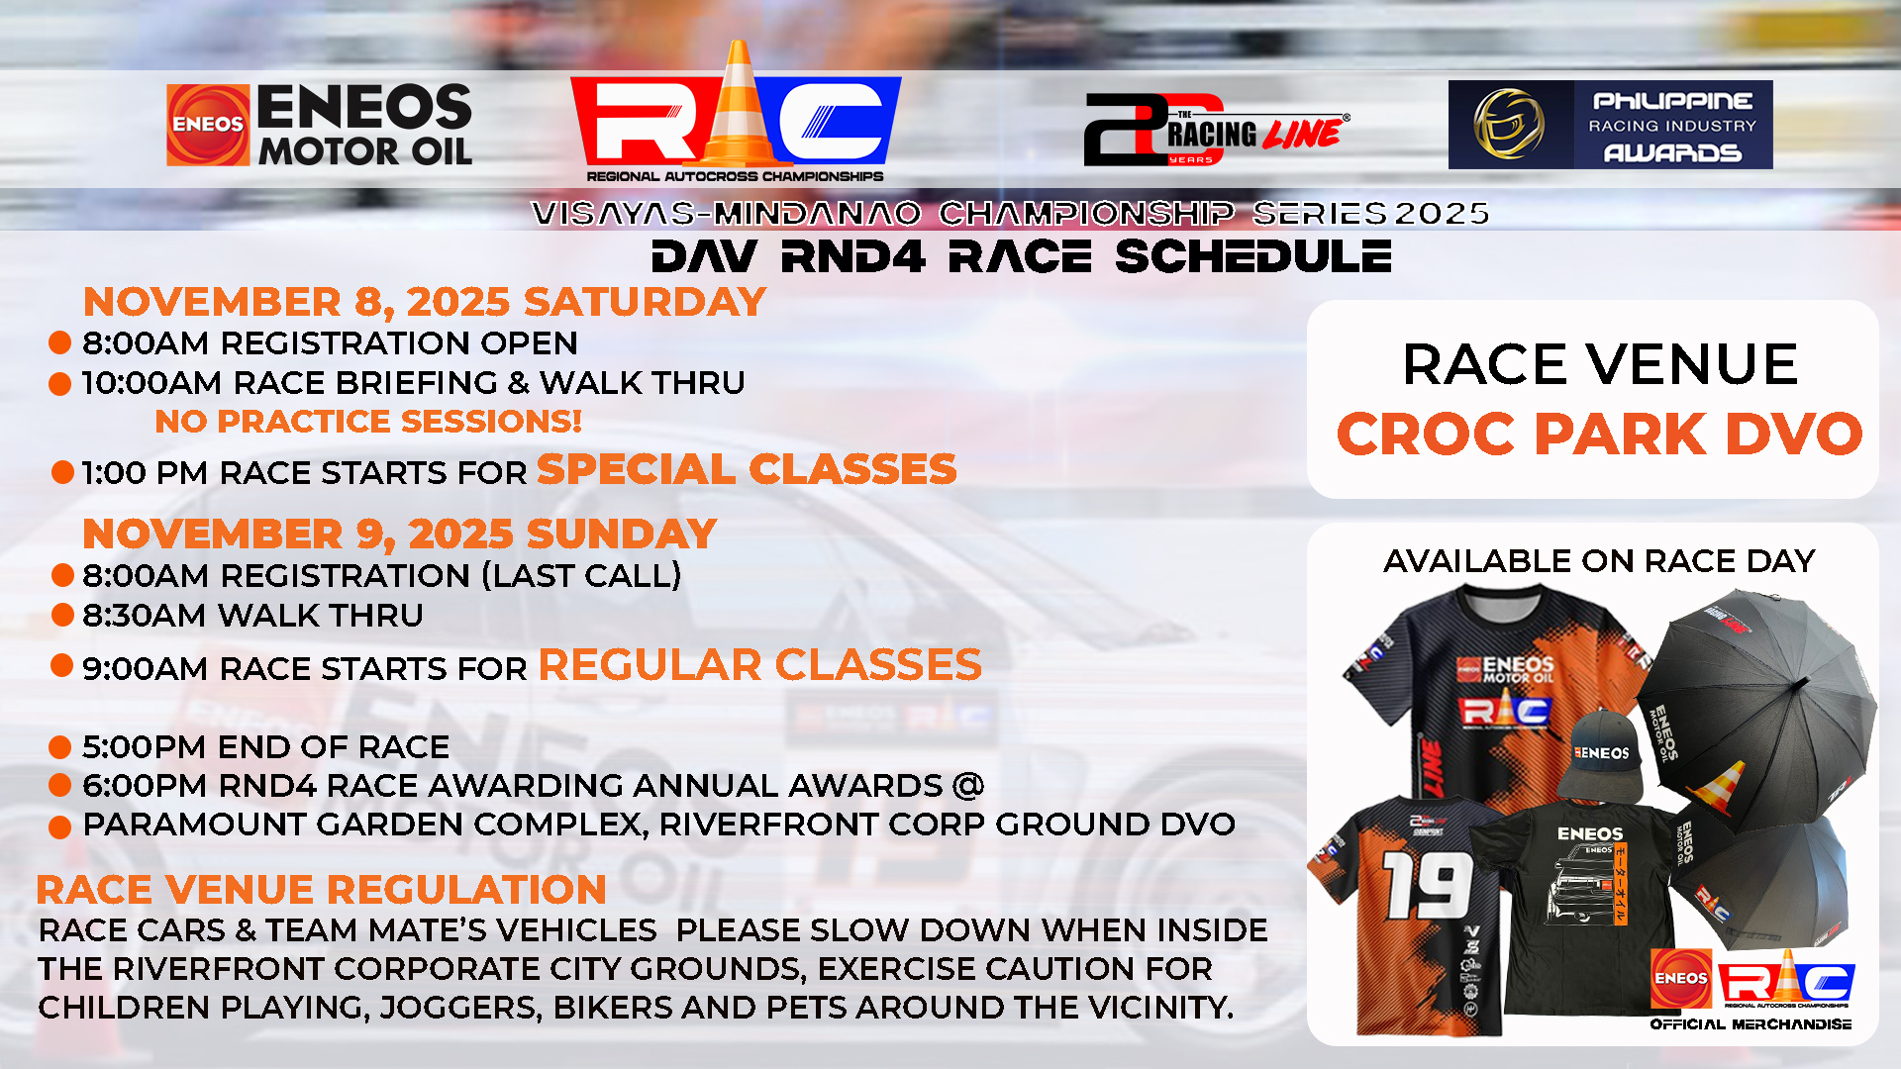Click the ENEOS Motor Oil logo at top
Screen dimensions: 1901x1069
point(319,125)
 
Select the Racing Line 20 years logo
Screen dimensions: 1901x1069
point(1217,129)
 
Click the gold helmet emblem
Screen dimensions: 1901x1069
point(1509,125)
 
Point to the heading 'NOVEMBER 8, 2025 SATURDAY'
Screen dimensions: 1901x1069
point(425,302)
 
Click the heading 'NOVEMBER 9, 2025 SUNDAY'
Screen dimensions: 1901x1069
point(400,534)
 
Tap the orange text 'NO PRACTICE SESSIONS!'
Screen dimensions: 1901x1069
point(368,422)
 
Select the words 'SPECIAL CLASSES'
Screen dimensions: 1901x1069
point(747,469)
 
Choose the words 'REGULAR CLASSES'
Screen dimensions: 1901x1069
point(760,665)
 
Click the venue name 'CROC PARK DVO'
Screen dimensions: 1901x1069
point(1599,434)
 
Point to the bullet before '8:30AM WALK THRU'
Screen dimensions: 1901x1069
point(62,615)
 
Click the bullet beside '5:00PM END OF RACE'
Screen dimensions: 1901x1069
point(59,746)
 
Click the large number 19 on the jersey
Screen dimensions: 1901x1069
point(1427,885)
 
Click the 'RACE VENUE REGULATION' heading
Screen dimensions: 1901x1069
point(321,890)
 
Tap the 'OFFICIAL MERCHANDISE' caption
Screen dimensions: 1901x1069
point(1751,1024)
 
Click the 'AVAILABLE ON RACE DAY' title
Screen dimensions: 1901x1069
point(1599,561)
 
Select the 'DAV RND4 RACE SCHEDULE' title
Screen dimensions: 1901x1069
point(1022,257)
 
